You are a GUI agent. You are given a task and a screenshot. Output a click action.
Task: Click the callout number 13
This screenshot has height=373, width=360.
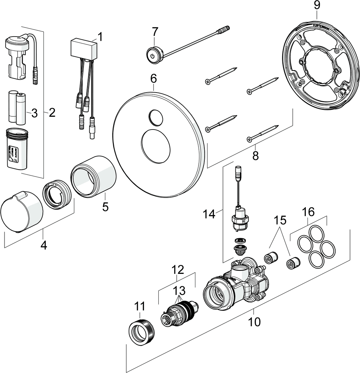[x=179, y=289]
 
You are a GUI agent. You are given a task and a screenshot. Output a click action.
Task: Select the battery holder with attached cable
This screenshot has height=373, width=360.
[x=17, y=59]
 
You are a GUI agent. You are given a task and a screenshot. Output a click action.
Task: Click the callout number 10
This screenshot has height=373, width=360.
[x=254, y=322]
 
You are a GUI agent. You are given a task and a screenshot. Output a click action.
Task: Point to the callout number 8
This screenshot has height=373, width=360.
[x=255, y=155]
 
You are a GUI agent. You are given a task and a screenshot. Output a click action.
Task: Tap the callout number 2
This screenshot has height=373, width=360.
[x=52, y=113]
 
